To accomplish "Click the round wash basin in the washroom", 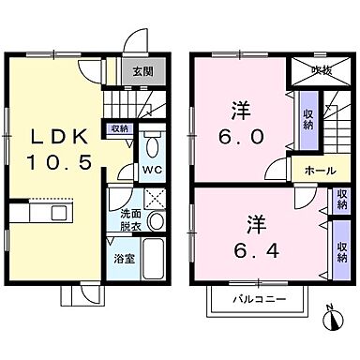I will (x=157, y=222).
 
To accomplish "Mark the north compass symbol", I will (x=335, y=318).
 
